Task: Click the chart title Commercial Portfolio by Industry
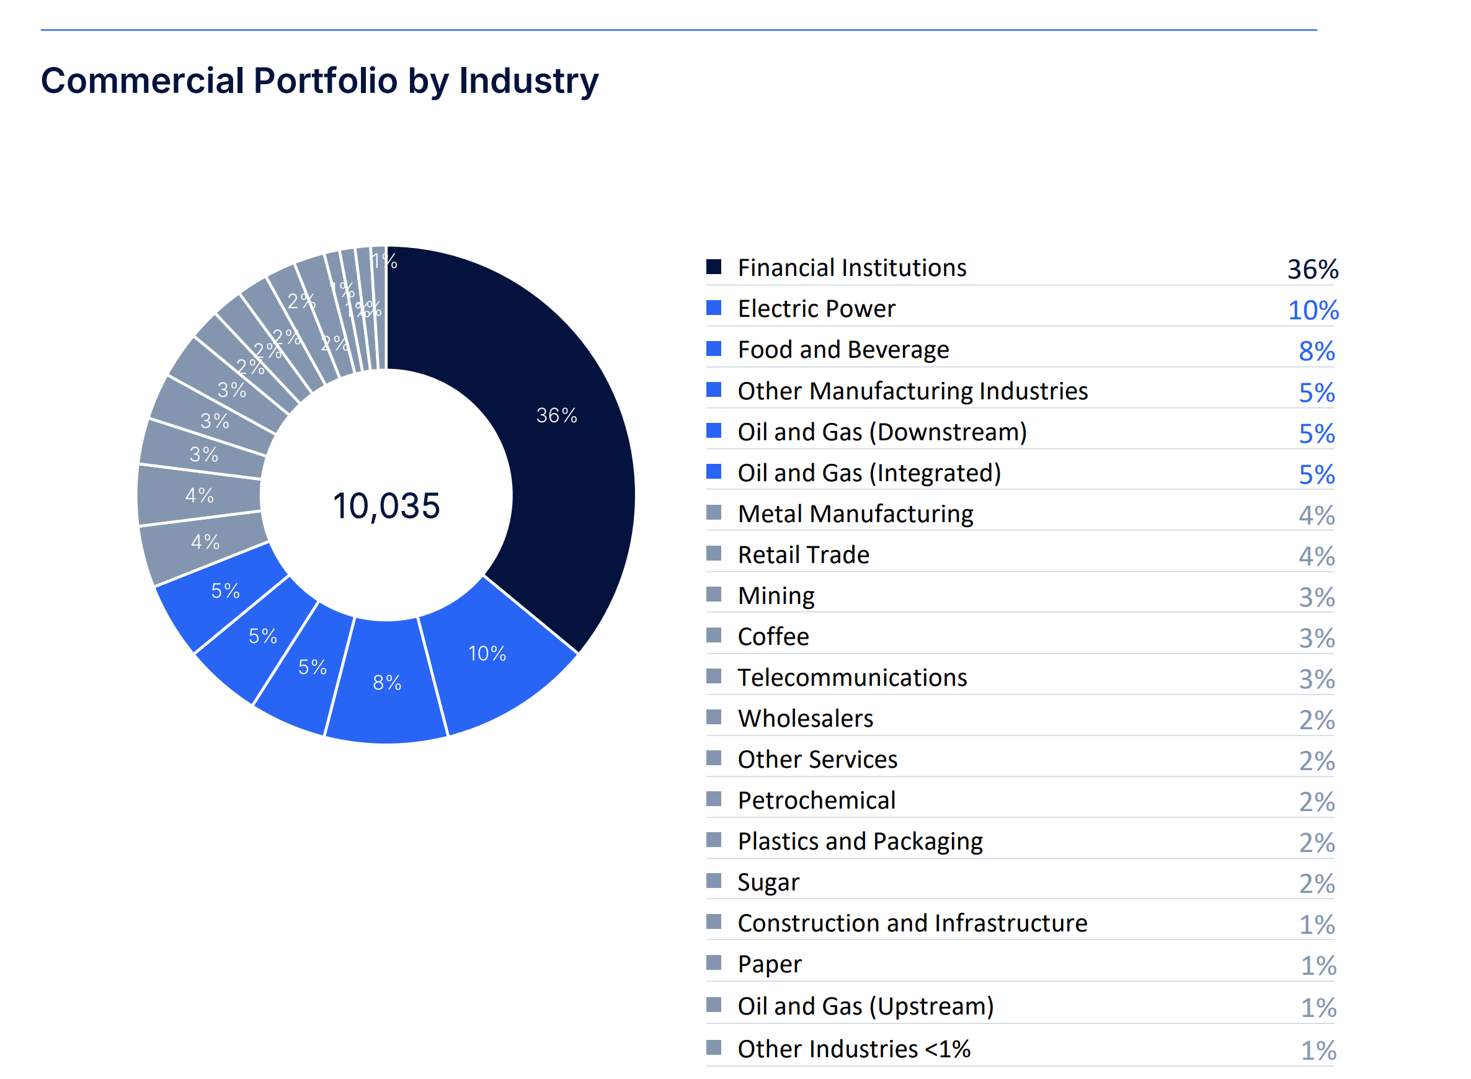tap(319, 81)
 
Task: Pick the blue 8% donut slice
tap(387, 683)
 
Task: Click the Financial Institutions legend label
tap(851, 269)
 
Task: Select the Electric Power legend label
tap(817, 309)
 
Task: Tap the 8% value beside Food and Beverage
tap(1316, 352)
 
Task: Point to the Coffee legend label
tap(773, 637)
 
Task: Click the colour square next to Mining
tap(714, 594)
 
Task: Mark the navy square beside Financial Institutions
tap(714, 267)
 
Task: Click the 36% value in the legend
tap(1312, 270)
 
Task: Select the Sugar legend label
tap(768, 882)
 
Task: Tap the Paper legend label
tap(770, 965)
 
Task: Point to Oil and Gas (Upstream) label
tap(866, 1006)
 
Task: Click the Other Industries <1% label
tap(854, 1050)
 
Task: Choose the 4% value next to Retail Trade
tap(1316, 556)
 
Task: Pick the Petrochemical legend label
tap(817, 801)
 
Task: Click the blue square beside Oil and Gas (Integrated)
tap(714, 471)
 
